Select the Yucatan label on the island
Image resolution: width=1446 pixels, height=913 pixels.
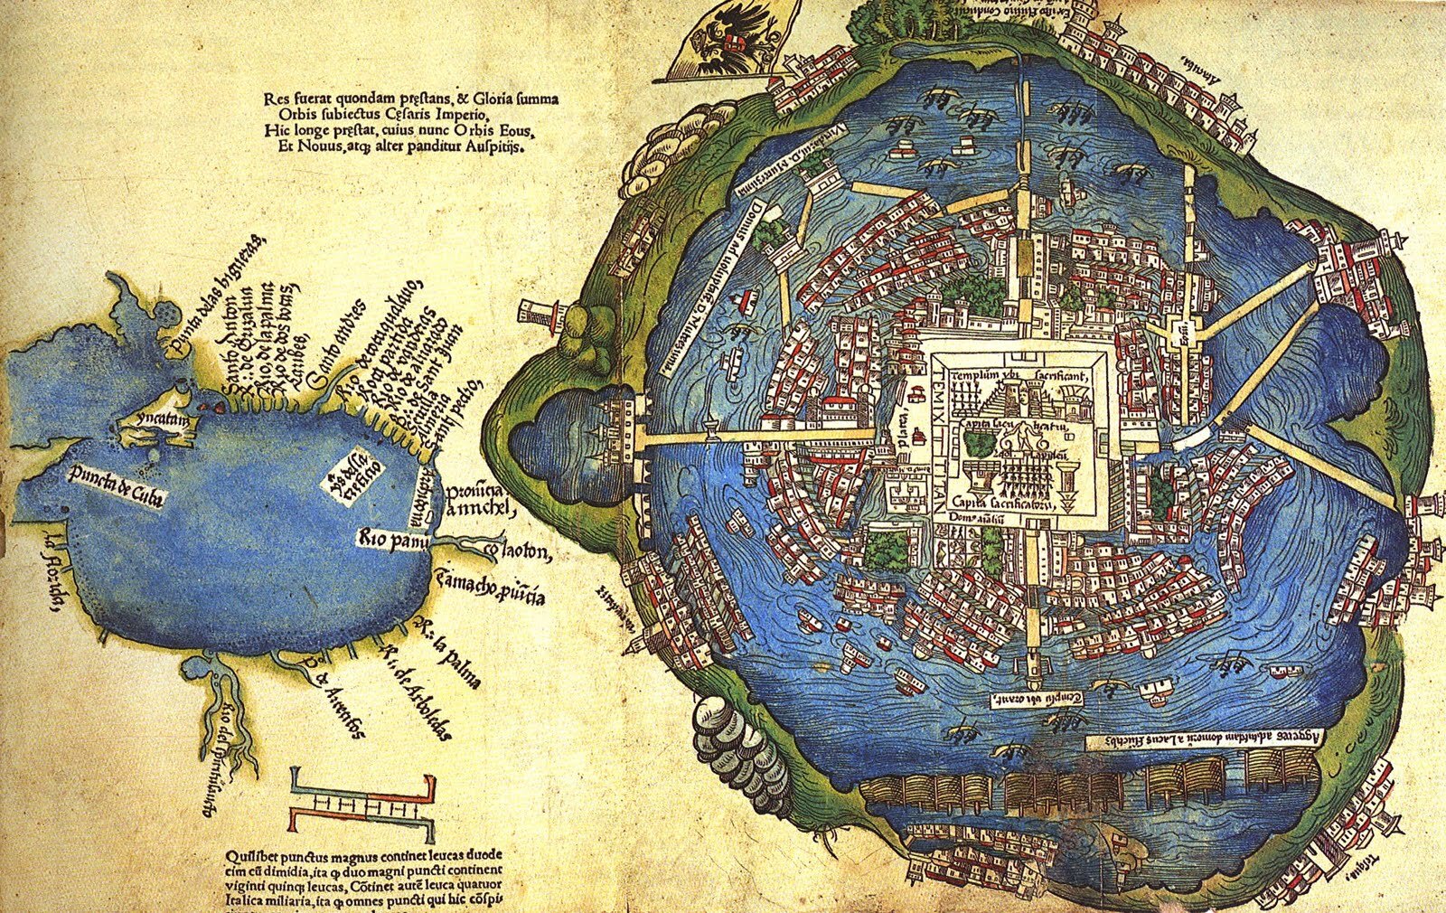(x=151, y=420)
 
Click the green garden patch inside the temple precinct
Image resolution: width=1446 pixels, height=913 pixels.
(x=978, y=445)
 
